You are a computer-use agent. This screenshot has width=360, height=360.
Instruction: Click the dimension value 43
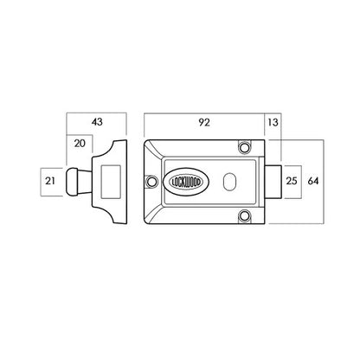[97, 122]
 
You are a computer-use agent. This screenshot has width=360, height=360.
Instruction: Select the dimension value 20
[80, 144]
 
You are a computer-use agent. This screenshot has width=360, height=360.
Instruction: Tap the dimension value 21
[50, 181]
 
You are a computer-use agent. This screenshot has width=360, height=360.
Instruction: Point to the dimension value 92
[204, 122]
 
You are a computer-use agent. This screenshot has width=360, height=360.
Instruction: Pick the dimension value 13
[273, 122]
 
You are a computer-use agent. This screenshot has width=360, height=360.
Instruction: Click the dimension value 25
[292, 181]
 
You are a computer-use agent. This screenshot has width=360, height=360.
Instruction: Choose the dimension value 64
[313, 181]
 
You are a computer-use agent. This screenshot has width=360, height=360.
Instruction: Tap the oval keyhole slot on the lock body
[229, 182]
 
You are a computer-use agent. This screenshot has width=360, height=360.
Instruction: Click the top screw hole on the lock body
[244, 147]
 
